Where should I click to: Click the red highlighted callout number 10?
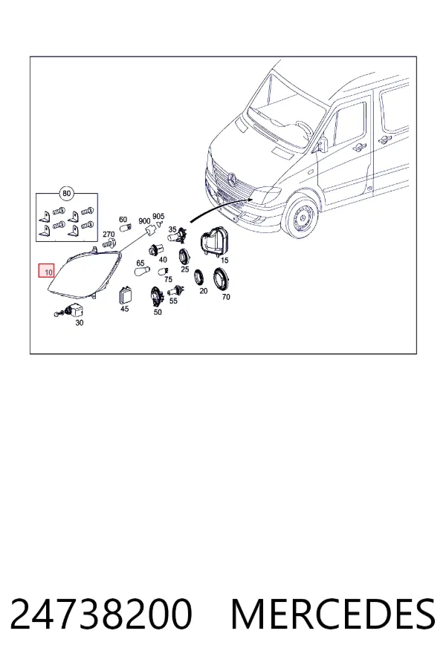[47, 271]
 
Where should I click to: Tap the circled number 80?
[66, 194]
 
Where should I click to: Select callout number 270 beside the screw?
[109, 235]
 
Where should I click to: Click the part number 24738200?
[101, 614]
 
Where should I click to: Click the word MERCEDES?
[333, 614]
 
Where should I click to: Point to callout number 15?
[224, 261]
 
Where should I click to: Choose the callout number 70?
[226, 296]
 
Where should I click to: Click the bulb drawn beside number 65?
[142, 272]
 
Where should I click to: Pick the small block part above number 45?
[125, 295]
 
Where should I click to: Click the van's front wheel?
[303, 218]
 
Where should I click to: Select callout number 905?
[158, 217]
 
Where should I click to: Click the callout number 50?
[158, 312]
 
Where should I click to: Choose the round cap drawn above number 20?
[199, 278]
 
